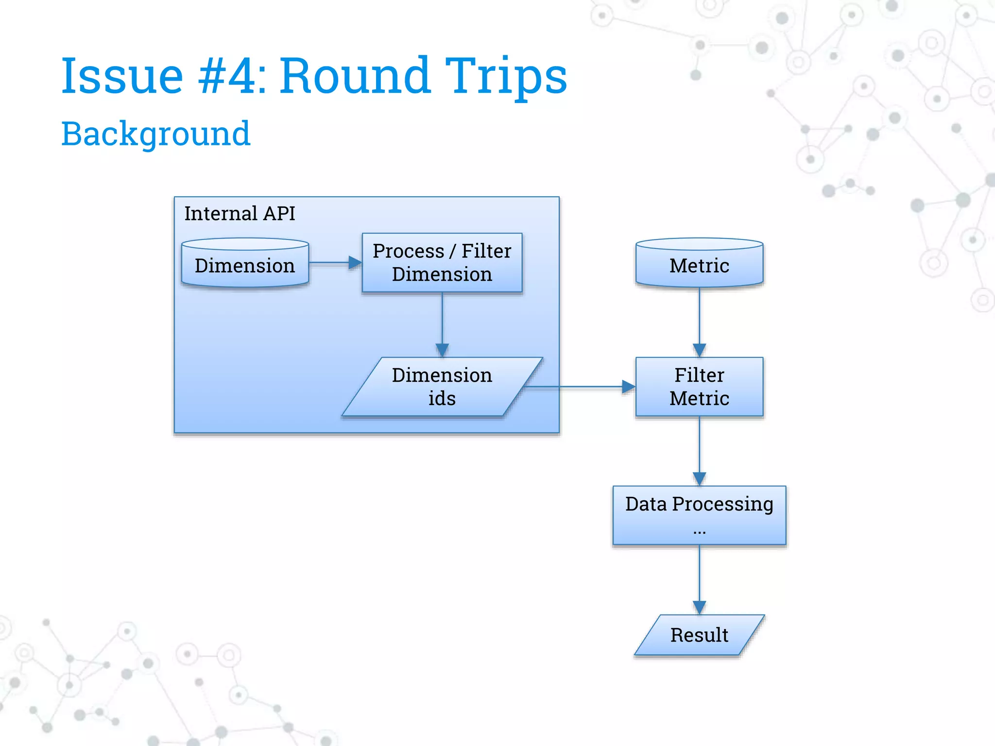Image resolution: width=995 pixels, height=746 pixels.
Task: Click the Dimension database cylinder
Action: (245, 265)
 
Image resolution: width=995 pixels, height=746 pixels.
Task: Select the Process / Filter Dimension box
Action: (442, 263)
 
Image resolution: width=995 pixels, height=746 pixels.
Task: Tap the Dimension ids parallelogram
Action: (442, 387)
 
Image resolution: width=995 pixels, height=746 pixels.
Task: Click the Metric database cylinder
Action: (699, 265)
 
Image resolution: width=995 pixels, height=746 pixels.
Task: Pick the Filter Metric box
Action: (699, 387)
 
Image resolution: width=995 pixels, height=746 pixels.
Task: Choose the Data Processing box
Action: (699, 515)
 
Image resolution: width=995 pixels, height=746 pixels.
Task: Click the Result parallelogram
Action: (699, 635)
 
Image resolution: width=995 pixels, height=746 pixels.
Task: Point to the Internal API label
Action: (240, 214)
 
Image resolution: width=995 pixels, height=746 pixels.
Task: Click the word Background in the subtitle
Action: (155, 134)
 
